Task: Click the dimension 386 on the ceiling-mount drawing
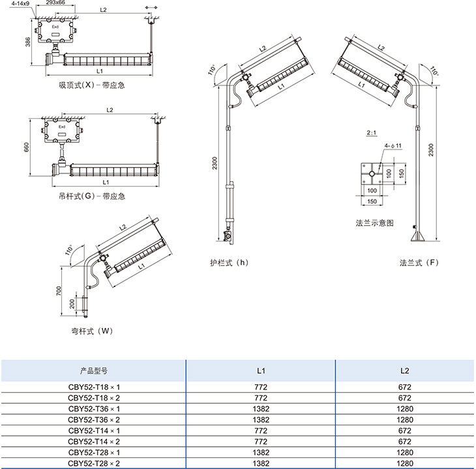pos(28,42)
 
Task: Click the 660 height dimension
pos(27,147)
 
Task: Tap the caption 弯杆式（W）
pos(92,331)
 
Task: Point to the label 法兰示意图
pos(374,222)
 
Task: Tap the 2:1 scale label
pos(372,134)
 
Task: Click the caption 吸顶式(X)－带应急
pos(92,85)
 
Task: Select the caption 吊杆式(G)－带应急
pos(92,196)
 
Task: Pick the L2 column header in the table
pos(404,370)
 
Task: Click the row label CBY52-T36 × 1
pos(95,408)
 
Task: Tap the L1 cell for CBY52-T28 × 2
pos(261,463)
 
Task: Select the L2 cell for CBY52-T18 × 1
pos(404,386)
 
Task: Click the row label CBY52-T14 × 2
pos(95,441)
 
